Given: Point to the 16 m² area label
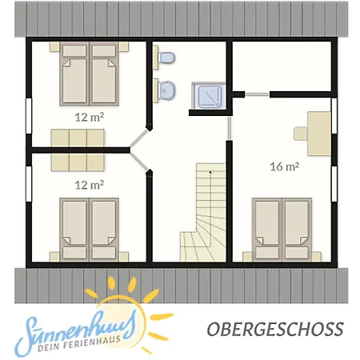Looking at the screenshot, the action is click(x=284, y=166).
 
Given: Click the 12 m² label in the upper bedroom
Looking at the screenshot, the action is click(x=89, y=117).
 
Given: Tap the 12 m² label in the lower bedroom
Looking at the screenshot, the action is click(x=89, y=185).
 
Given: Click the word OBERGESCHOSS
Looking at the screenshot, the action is click(x=275, y=329).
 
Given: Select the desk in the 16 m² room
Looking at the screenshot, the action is click(x=319, y=134).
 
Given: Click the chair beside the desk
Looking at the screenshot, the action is click(x=301, y=134).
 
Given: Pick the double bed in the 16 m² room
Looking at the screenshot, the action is click(x=282, y=230).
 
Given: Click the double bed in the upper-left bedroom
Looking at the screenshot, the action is click(x=89, y=74).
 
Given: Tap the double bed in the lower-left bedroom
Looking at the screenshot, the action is click(x=89, y=230).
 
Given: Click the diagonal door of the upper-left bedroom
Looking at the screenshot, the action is click(x=138, y=138).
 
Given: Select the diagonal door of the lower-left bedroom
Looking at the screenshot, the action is click(x=138, y=161).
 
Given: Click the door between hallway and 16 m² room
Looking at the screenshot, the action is click(x=229, y=128).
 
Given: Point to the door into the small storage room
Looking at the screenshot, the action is click(x=257, y=94).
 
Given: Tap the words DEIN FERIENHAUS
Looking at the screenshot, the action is click(x=79, y=344).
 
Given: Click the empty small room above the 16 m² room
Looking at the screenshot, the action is click(x=282, y=66).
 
